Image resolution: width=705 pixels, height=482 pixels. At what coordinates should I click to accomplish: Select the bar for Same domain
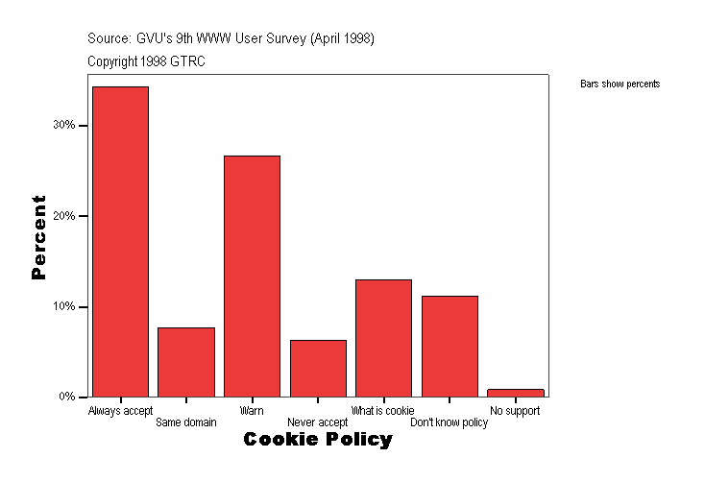186,362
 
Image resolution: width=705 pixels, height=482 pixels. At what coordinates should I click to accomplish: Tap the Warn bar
252,277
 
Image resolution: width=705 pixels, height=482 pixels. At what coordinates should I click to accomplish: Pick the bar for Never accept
318,369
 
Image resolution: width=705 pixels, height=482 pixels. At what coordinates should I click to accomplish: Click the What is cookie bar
383,338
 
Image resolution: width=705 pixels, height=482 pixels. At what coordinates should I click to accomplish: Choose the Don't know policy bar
450,347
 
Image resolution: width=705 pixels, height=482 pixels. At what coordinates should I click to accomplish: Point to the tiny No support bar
516,393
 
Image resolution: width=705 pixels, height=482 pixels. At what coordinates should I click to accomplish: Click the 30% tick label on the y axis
64,126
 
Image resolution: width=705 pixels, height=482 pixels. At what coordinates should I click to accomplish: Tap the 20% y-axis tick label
64,216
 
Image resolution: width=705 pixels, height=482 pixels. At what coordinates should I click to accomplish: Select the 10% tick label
64,307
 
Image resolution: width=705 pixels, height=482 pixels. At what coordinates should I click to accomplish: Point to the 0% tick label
67,398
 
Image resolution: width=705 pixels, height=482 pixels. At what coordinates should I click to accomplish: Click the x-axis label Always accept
120,411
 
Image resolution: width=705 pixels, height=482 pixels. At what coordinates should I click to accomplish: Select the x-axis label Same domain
186,422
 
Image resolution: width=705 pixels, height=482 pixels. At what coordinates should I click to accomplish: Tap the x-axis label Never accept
318,422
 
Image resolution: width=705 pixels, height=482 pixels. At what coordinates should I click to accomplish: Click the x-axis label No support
515,411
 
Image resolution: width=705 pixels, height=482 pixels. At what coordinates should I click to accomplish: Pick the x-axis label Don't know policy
450,422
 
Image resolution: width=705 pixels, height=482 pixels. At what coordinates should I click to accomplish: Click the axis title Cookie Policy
318,440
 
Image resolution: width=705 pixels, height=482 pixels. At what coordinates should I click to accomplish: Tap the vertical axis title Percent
39,237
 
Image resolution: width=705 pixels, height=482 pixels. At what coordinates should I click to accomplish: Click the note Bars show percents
620,84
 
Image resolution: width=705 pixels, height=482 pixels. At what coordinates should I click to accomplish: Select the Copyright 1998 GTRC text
146,61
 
